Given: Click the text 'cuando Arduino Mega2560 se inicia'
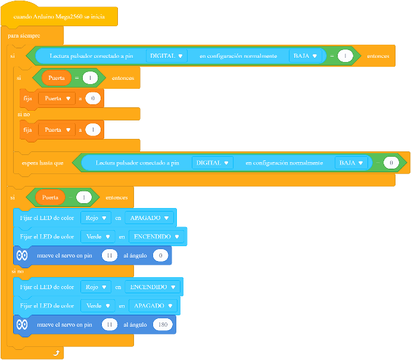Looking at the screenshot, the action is (59, 17).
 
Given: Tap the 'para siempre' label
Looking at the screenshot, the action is (24, 36).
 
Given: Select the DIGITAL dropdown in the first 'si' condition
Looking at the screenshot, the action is (166, 56).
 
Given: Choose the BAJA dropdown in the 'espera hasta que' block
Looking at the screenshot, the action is (351, 163).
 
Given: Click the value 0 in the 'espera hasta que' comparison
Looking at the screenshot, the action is (391, 163).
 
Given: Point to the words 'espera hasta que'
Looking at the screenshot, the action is (42, 163).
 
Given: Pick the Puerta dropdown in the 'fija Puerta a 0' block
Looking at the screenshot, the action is (57, 98).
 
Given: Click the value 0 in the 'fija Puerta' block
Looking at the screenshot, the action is (93, 98).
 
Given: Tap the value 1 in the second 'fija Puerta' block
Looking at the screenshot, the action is (93, 130).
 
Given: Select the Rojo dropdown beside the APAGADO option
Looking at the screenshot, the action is (96, 218).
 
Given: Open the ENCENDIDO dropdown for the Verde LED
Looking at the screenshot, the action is (157, 237).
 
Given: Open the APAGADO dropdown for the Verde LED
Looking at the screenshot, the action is (153, 306).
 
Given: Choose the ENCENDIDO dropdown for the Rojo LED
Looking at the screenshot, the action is (152, 287).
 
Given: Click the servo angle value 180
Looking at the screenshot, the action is (163, 325).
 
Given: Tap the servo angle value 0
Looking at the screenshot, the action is (160, 255).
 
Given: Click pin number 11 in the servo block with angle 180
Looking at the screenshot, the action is (110, 325).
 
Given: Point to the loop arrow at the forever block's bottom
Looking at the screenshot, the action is (57, 353).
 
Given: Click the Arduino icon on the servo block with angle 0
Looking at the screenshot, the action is (22, 255).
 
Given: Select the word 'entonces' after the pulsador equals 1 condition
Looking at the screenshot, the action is (378, 56).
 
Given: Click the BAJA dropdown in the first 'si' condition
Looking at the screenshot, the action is (305, 56).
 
